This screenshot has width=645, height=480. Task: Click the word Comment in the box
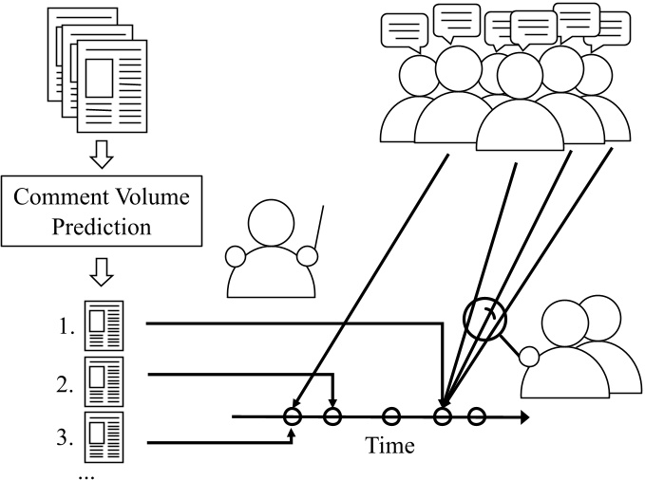pyautogui.click(x=60, y=196)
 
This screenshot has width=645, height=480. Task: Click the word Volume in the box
pyautogui.click(x=151, y=196)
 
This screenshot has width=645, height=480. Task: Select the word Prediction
pyautogui.click(x=102, y=227)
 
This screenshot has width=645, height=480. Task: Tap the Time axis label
pyautogui.click(x=389, y=446)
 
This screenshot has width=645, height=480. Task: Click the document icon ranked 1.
pyautogui.click(x=104, y=325)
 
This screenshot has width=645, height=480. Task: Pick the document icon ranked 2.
pyautogui.click(x=104, y=381)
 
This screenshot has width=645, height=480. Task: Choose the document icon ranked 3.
pyautogui.click(x=104, y=437)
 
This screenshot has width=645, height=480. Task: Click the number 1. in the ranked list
pyautogui.click(x=66, y=327)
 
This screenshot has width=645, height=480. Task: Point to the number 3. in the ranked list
pyautogui.click(x=65, y=438)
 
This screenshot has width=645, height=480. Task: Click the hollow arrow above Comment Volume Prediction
pyautogui.click(x=102, y=155)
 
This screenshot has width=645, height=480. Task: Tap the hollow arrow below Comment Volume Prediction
pyautogui.click(x=102, y=272)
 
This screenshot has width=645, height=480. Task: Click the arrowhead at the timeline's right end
pyautogui.click(x=525, y=417)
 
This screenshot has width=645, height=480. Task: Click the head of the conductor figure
pyautogui.click(x=272, y=223)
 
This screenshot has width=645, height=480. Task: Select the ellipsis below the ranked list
pyautogui.click(x=86, y=476)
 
